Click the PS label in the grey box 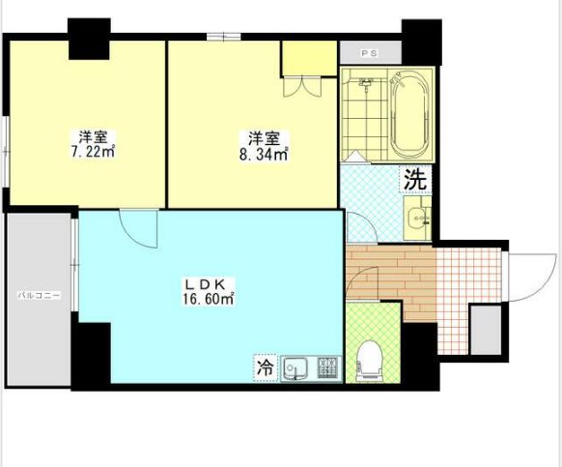click(369, 53)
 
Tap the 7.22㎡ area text click(93, 152)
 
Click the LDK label click(205, 284)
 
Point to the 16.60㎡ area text click(209, 299)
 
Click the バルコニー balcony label click(40, 296)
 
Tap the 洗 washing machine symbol click(416, 179)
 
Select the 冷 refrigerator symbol click(266, 368)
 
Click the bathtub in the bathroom click(410, 114)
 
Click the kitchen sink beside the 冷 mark click(295, 368)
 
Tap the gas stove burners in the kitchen click(327, 368)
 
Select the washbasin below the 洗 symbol click(417, 218)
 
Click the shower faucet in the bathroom click(366, 84)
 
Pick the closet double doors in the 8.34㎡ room click(303, 86)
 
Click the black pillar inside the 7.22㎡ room click(89, 39)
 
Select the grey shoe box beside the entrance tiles click(486, 330)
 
